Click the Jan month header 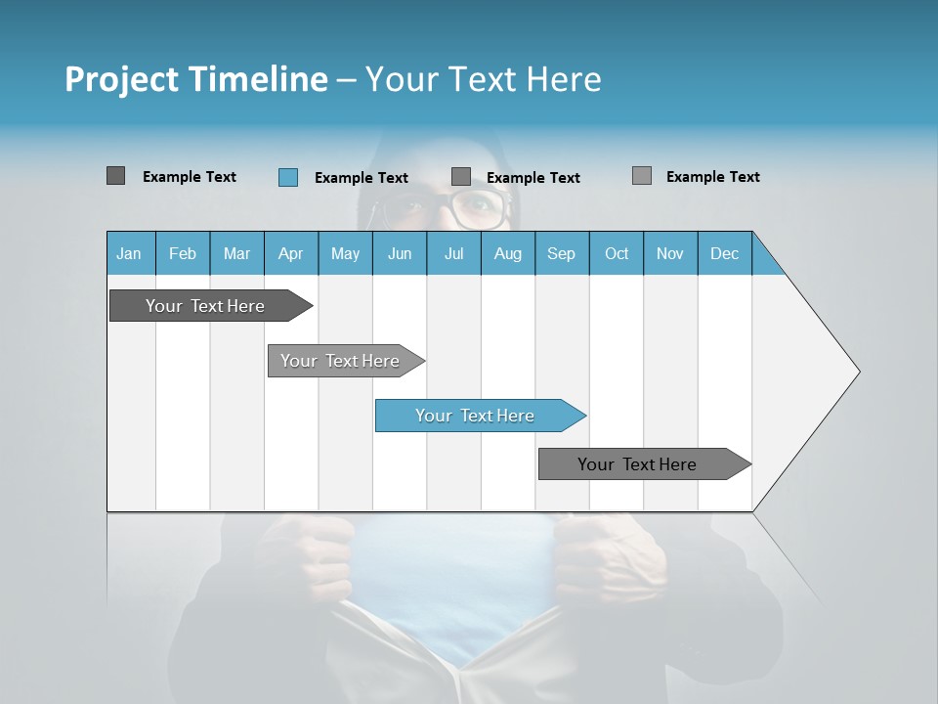click(x=130, y=253)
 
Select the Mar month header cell click(x=236, y=253)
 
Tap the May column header click(x=345, y=253)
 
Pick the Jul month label click(x=453, y=253)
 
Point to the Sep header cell click(x=561, y=253)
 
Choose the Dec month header click(x=724, y=253)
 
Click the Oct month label click(x=617, y=253)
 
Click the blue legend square click(x=287, y=177)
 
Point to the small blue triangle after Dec click(x=764, y=261)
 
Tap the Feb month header click(x=183, y=253)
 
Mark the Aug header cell click(x=507, y=253)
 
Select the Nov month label click(x=670, y=253)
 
